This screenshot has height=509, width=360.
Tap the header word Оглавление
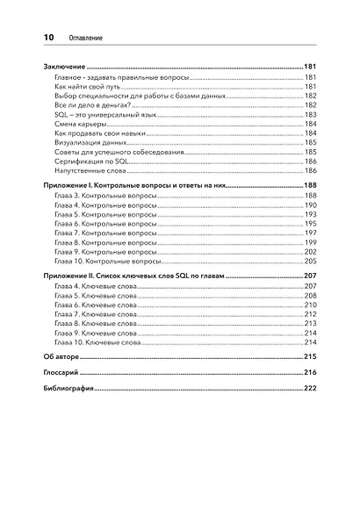click(x=83, y=39)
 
